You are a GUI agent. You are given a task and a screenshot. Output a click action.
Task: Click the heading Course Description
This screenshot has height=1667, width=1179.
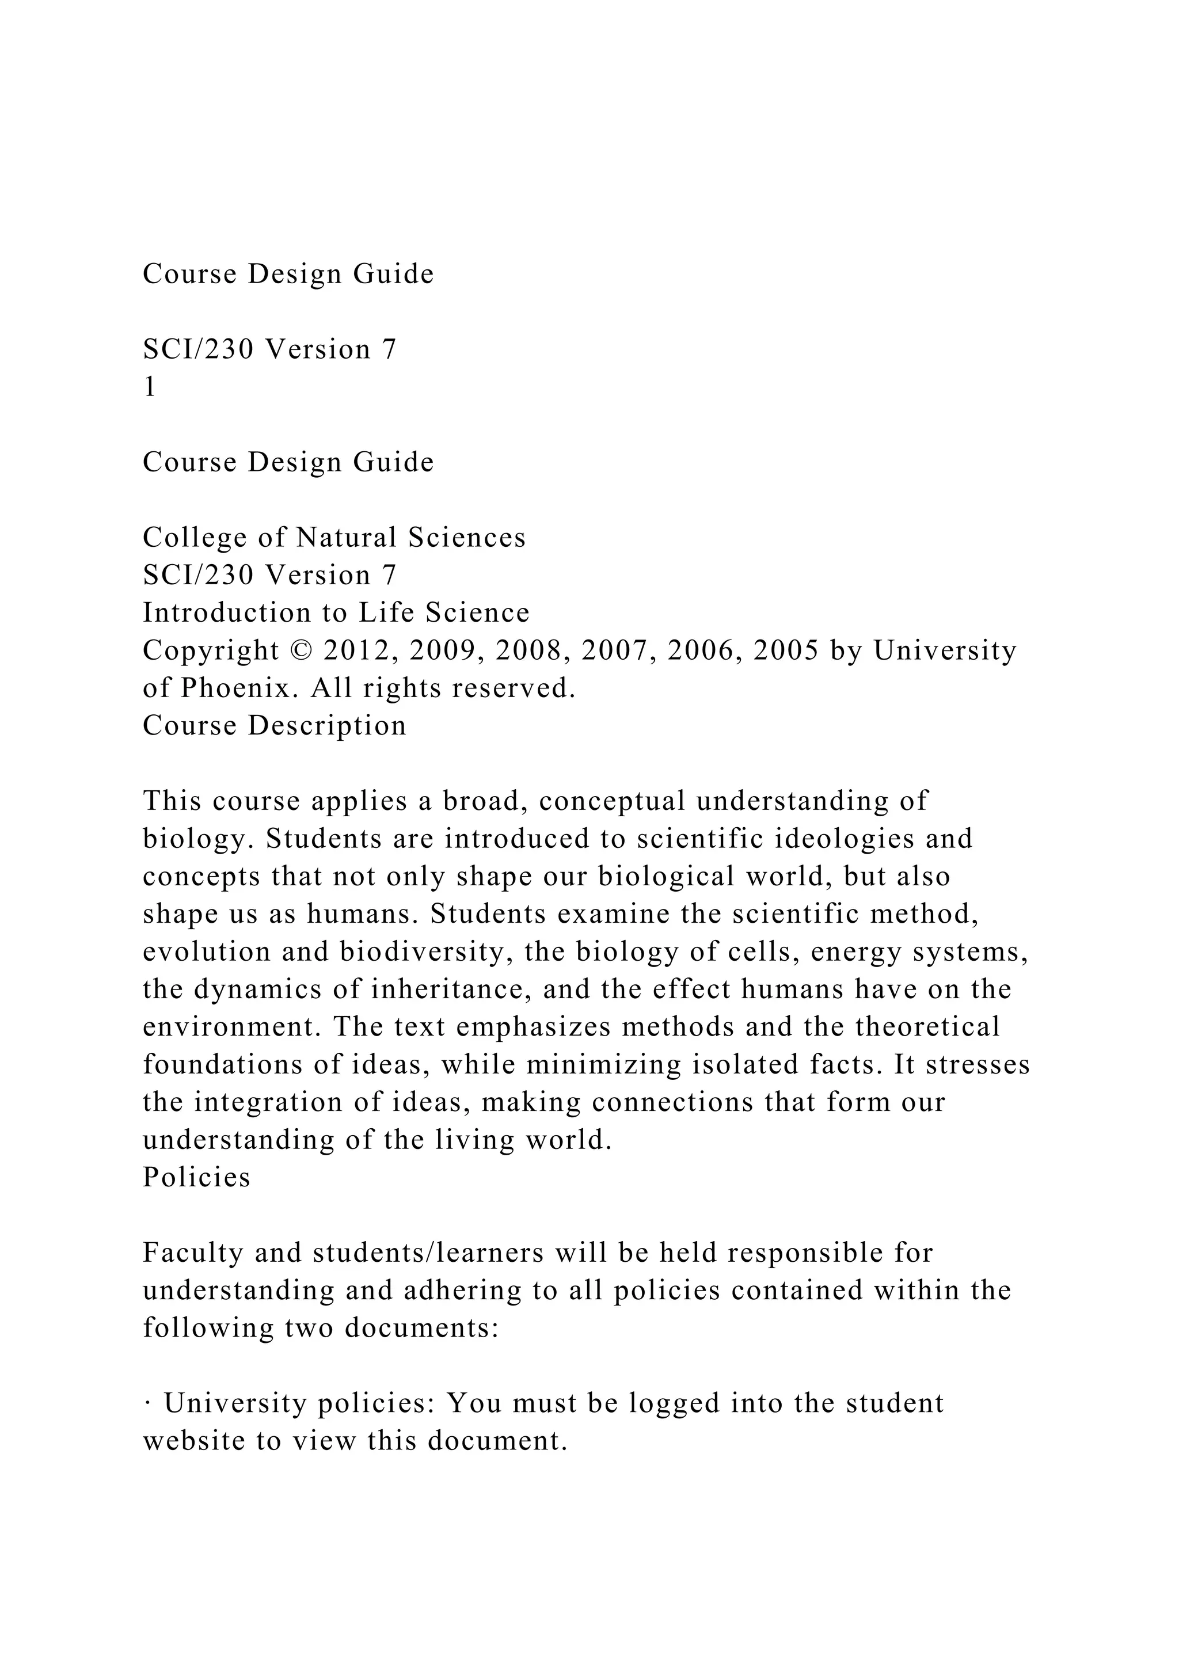[275, 725]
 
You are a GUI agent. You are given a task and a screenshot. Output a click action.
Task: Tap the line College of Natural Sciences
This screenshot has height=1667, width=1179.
[334, 537]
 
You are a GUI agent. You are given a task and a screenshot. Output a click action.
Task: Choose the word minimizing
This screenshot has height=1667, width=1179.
[603, 1064]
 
